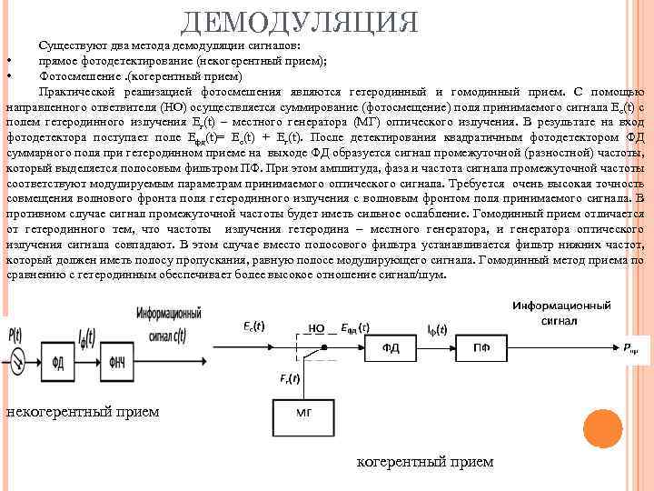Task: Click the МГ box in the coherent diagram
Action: [x=304, y=412]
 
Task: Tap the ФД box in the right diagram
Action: [x=391, y=346]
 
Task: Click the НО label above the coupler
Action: [x=317, y=326]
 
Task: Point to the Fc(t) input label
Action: [x=253, y=326]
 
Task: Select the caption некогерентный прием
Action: [x=83, y=412]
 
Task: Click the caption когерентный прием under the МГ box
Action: [x=425, y=462]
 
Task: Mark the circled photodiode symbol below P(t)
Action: [x=17, y=362]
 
